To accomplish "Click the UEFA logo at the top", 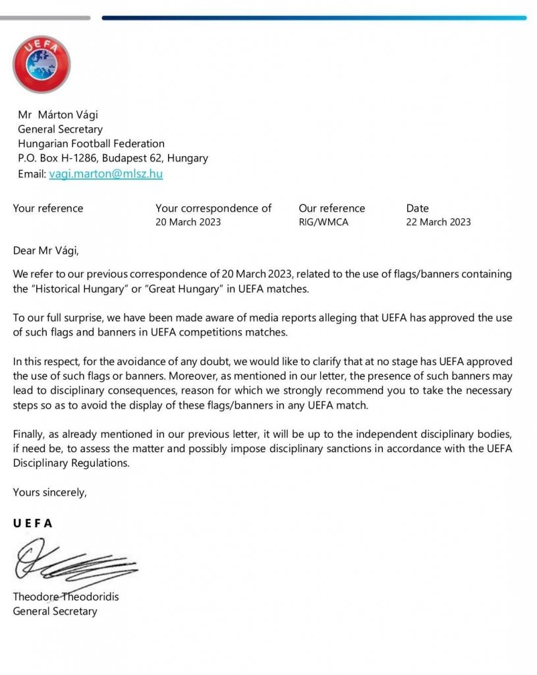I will point(41,64).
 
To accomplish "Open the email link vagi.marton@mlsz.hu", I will point(105,174).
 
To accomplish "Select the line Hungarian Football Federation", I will point(91,144).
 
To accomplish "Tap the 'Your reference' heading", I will point(48,208).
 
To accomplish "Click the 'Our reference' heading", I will point(331,208).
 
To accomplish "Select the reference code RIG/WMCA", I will point(324,222).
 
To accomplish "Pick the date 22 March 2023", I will point(438,222).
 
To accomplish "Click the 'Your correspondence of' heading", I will point(213,208).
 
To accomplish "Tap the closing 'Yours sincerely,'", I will point(49,492).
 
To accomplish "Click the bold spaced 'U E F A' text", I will point(32,523).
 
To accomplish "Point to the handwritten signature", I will point(72,564).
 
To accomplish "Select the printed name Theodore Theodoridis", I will point(66,597).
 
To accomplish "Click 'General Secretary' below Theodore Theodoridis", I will point(55,611).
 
